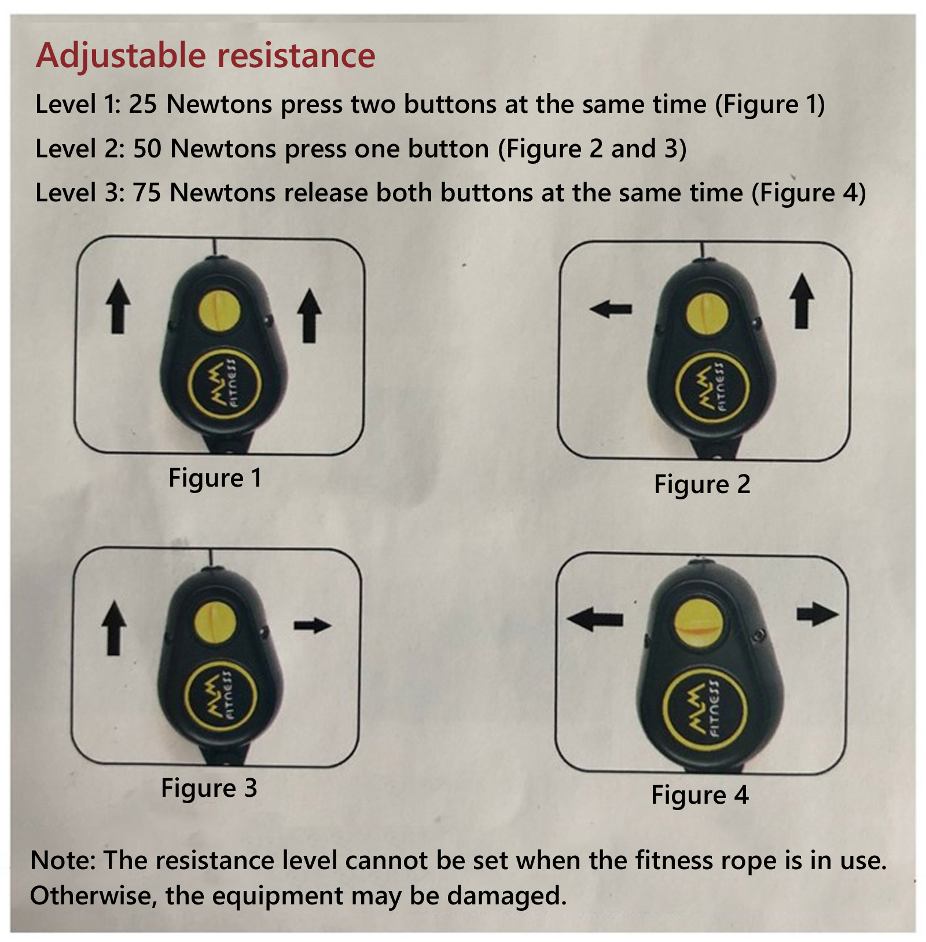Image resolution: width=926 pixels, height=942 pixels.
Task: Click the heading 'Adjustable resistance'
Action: point(205,57)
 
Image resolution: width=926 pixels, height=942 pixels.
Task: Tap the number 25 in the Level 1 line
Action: point(142,104)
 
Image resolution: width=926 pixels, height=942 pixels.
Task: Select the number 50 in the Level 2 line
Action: point(147,149)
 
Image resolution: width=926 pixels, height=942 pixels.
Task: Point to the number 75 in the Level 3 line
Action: point(147,193)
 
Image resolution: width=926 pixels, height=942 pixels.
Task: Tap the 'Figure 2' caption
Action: point(702,485)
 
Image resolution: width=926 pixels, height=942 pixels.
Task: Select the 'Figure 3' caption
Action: point(209,789)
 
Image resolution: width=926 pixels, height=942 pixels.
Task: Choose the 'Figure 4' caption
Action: point(700,796)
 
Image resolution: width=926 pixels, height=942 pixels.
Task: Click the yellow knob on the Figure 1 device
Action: point(219,312)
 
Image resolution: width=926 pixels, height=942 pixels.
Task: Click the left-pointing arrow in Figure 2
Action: point(611,309)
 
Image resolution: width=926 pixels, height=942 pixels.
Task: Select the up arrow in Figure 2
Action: point(802,301)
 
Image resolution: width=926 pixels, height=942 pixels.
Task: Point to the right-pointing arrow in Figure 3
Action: point(313,625)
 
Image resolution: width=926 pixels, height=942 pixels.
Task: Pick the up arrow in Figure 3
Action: point(114,628)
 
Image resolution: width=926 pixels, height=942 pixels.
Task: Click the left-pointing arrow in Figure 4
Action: point(595,619)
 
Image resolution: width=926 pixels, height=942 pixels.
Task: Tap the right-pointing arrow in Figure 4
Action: point(817,614)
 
